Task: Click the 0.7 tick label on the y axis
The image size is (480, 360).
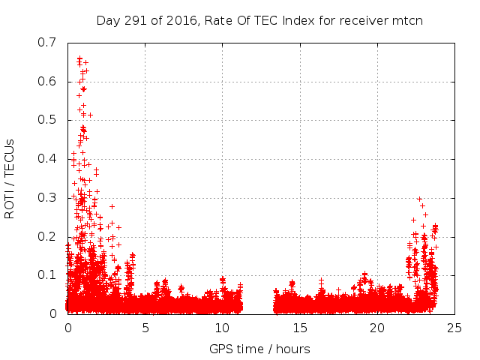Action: (46, 43)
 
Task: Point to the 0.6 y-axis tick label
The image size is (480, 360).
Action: (46, 81)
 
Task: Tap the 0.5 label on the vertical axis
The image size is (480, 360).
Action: (46, 120)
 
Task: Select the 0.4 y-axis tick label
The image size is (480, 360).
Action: (46, 159)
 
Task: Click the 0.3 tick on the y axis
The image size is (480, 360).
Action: (46, 198)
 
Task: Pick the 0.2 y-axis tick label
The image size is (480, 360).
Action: (46, 237)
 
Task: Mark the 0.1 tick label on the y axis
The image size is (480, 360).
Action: (46, 275)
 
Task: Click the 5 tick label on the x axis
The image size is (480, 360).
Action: (145, 328)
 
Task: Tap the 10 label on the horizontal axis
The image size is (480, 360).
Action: (223, 328)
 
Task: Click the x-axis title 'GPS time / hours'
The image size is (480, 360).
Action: (260, 349)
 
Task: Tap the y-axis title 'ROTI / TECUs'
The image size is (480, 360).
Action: (10, 178)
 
